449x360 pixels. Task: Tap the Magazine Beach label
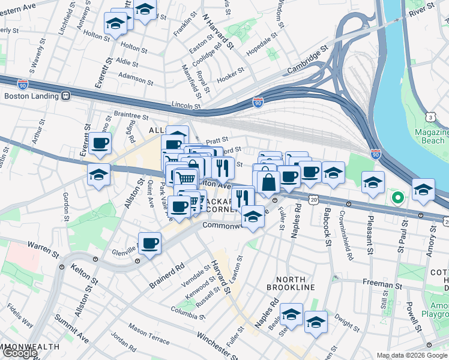coord(431,136)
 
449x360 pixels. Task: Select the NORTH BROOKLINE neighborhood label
coord(295,283)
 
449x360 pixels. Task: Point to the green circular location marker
coord(397,196)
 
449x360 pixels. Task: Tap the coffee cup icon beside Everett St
coord(100,143)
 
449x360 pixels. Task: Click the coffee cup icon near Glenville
coord(149,244)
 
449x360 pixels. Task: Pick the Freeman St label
coord(381,284)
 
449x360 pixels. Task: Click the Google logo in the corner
coord(20,353)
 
